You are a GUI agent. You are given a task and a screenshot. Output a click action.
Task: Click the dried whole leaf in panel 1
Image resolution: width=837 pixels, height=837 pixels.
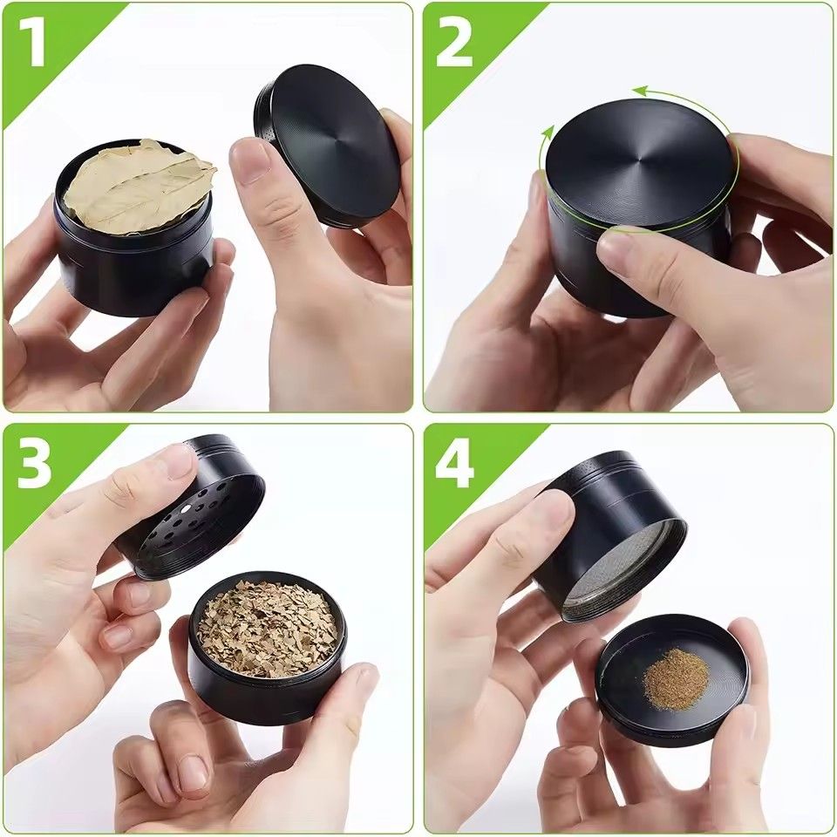pyautogui.click(x=139, y=185)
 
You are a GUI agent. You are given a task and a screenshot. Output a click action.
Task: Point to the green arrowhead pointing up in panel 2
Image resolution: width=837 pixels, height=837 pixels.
pyautogui.click(x=548, y=133)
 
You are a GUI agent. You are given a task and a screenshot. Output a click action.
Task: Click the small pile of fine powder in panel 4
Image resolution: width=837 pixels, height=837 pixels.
pyautogui.click(x=676, y=678)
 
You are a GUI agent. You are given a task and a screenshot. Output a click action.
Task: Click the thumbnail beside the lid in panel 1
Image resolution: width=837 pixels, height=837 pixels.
pyautogui.click(x=253, y=161)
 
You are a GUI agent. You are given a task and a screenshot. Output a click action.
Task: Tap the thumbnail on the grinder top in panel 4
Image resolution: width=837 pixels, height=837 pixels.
pyautogui.click(x=551, y=510)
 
